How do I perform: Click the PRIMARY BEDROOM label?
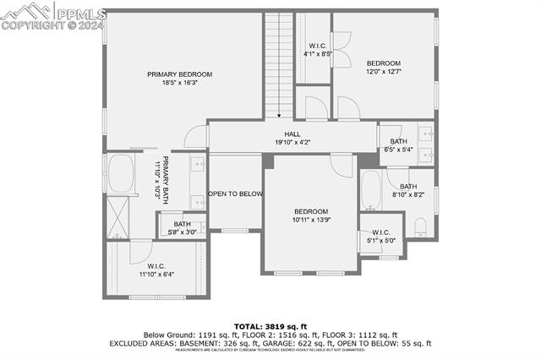coord(180,74)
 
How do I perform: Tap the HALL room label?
coord(292,134)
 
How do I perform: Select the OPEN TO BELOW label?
coord(236,194)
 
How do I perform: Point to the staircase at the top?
coord(278,63)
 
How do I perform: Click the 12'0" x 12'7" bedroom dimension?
coord(383,73)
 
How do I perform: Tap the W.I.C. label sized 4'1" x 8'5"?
coord(318,46)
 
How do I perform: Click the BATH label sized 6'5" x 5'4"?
coord(398,141)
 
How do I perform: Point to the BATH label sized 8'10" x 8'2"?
coord(408,187)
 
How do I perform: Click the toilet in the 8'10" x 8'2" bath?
coord(420,226)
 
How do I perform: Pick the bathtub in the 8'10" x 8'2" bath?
coord(370,190)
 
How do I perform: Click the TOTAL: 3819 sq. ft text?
coord(270,326)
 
